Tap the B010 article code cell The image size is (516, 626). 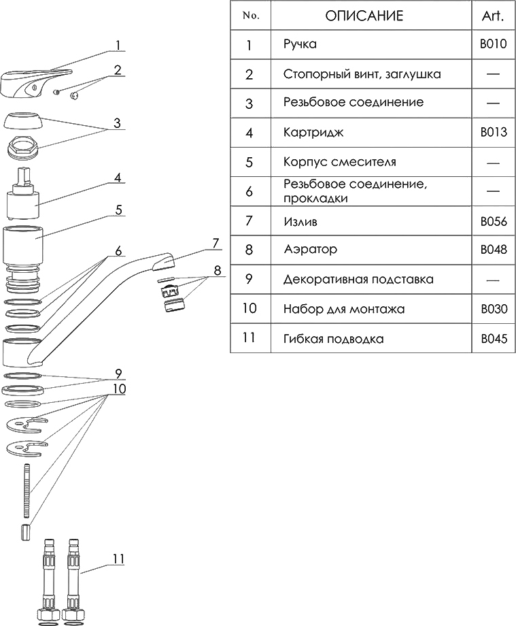493,45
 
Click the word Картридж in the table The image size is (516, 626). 313,133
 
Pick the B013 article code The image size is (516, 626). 493,133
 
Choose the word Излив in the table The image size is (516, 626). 299,222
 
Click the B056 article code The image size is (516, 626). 493,222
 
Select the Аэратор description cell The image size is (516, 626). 310,250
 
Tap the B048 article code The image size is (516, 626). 493,250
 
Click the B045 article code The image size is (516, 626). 493,338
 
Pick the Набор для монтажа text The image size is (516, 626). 344,309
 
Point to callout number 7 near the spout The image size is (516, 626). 216,242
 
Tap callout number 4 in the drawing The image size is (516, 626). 118,178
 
